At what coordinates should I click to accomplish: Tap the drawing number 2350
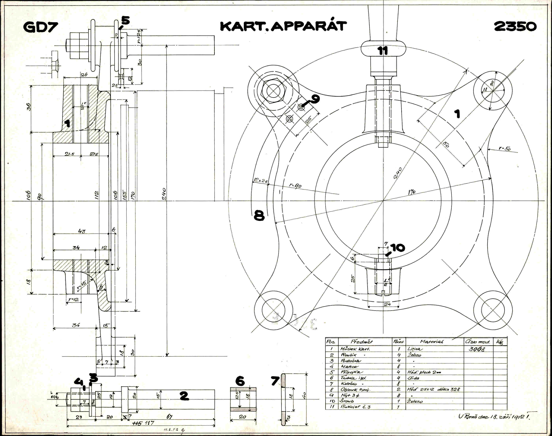[515, 26]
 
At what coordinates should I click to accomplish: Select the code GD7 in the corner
[41, 27]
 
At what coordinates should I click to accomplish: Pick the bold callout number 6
[240, 381]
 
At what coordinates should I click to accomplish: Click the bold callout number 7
[275, 381]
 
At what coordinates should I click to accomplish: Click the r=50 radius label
[504, 148]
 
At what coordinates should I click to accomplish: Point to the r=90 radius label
[295, 186]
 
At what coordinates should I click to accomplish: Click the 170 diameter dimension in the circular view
[412, 192]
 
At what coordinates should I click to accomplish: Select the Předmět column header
[362, 342]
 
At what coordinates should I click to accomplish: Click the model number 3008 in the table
[477, 349]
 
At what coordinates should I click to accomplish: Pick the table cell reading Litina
[415, 349]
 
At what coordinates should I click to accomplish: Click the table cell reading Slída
[413, 378]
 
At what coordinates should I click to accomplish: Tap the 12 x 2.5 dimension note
[261, 181]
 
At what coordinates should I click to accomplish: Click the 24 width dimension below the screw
[387, 305]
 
